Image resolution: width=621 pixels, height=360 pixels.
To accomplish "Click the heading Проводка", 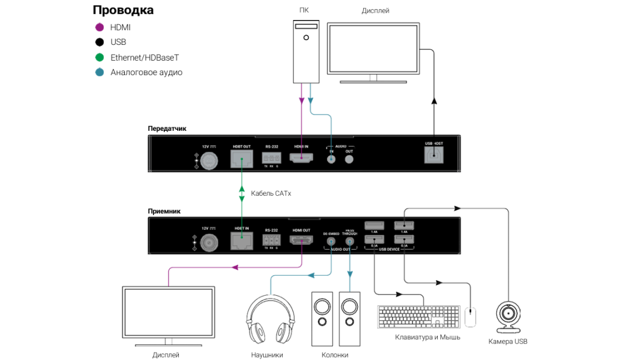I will tap(123, 10).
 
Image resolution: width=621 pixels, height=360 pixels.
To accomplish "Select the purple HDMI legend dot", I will tap(99, 27).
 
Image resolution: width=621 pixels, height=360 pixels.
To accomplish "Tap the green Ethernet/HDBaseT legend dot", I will tap(99, 58).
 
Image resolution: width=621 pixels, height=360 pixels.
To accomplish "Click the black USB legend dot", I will tap(99, 42).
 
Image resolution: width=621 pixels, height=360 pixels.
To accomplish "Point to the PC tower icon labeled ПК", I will tap(306, 52).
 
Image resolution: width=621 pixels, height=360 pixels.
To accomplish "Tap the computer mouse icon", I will tap(470, 316).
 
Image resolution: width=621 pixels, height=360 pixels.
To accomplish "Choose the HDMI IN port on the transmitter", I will tap(301, 159).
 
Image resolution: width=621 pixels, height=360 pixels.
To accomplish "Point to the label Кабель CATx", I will tap(271, 194).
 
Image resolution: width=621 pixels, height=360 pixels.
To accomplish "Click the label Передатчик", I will tap(167, 128).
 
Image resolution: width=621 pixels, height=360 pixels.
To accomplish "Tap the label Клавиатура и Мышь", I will tap(428, 337).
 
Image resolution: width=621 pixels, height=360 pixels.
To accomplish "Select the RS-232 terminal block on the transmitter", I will tap(271, 159).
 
